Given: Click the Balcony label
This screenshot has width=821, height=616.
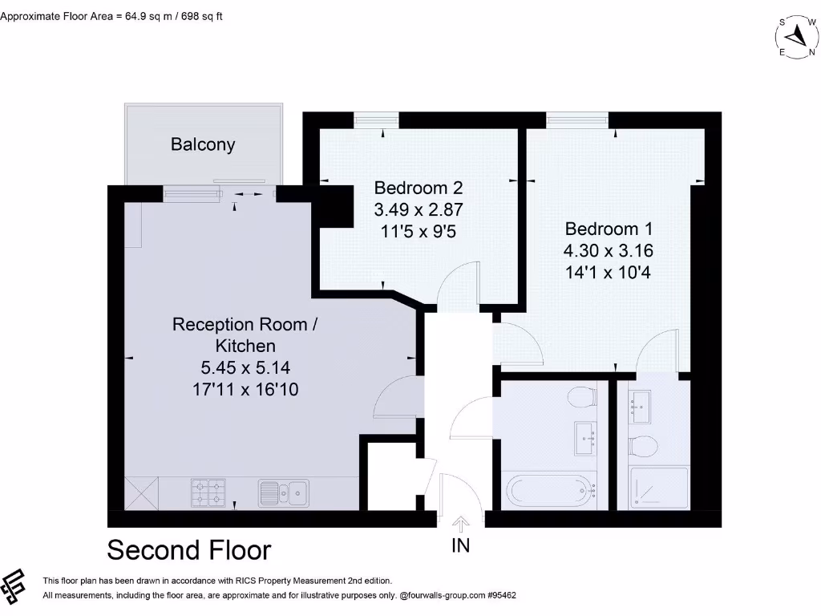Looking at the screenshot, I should coord(203,144).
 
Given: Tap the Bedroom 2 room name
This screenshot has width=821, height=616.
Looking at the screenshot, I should coord(419,188).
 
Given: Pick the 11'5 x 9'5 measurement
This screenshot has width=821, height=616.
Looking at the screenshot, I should coord(419,233).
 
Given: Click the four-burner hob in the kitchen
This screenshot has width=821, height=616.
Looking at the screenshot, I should coord(207,492).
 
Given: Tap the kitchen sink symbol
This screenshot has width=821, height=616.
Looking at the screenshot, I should coord(283,492).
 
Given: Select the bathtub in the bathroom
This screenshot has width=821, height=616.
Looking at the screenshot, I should coord(549,488).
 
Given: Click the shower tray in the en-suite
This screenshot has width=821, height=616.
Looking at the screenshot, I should coord(659,488).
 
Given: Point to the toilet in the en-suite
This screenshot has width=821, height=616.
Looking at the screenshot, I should coord(642,446).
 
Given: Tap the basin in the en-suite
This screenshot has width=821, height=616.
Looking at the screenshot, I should coord(641,407).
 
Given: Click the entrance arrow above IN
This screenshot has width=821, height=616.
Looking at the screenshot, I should coord(461,525).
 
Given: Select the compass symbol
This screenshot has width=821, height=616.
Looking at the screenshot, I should coord(795,35).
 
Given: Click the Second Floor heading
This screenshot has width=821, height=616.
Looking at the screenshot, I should coord(189,550).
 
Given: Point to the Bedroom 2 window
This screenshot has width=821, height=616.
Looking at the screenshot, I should coord(376,120).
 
